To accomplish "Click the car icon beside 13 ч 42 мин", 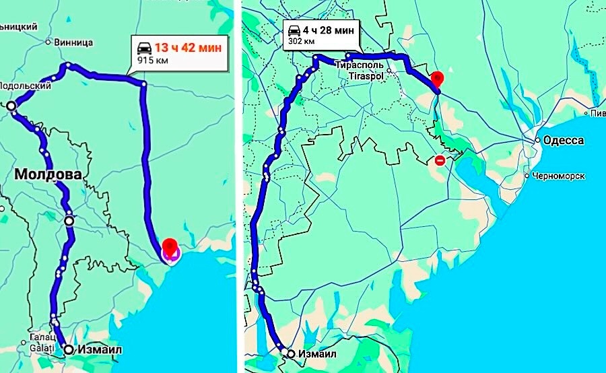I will coord(144,48).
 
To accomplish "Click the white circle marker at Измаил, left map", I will coord(69,349).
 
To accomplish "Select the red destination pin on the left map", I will coord(170,246).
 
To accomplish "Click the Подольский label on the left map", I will coord(26,86).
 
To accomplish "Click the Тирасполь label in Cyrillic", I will coord(360,65).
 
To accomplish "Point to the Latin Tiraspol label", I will coord(366,76).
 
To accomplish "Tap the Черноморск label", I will coord(558,176).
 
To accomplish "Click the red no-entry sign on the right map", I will coord(440,160).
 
